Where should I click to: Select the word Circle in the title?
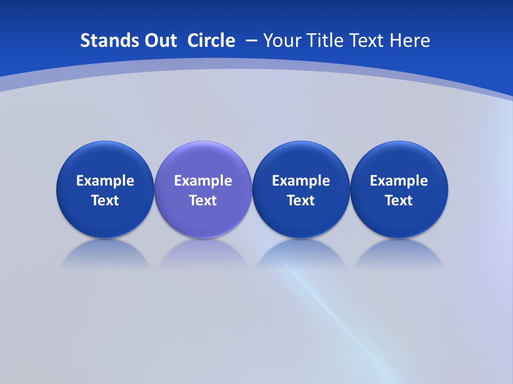pos(211,41)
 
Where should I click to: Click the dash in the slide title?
pos(251,41)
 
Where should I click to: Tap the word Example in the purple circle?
pos(203,181)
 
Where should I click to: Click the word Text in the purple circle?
pos(203,201)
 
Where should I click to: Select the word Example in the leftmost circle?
pos(105,181)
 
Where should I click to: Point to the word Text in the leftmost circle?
pos(105,201)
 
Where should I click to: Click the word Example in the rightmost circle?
pos(399,181)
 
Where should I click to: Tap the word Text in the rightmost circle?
pos(399,201)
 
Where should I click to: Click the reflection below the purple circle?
pos(203,255)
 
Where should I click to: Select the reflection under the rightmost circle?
pos(399,255)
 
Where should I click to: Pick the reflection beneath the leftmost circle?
pos(105,255)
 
